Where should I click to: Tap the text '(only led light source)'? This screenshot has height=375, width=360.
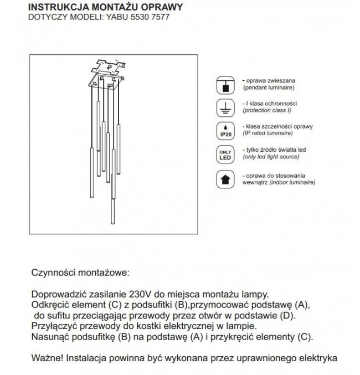271,157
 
